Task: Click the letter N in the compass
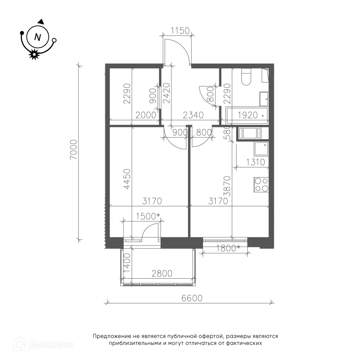pyautogui.click(x=37, y=37)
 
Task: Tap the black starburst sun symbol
pyautogui.click(x=35, y=54)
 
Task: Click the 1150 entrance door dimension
pyautogui.click(x=180, y=31)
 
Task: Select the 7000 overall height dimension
pyautogui.click(x=74, y=150)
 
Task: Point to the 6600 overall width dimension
pyautogui.click(x=192, y=298)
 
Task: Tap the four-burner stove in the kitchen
pyautogui.click(x=261, y=185)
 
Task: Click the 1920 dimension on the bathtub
pyautogui.click(x=248, y=115)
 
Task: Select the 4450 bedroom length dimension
pyautogui.click(x=127, y=179)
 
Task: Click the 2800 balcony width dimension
pyautogui.click(x=162, y=274)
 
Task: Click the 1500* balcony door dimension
pyautogui.click(x=148, y=216)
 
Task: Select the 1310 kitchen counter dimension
pyautogui.click(x=256, y=162)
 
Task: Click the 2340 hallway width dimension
pyautogui.click(x=193, y=115)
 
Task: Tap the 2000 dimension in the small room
pyautogui.click(x=146, y=115)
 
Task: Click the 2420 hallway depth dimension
pyautogui.click(x=166, y=93)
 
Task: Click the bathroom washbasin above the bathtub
pyautogui.click(x=264, y=99)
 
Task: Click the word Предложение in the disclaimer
pyautogui.click(x=112, y=337)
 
